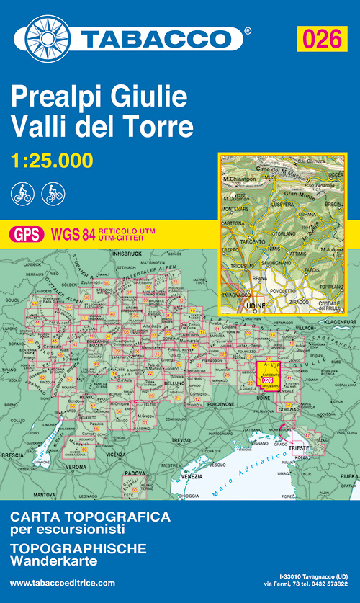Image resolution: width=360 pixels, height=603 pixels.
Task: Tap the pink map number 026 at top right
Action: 322,37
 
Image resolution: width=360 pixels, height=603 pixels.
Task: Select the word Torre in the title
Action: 162,127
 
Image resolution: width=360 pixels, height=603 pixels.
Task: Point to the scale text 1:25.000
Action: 52,160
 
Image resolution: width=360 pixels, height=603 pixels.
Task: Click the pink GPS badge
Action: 27,233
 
